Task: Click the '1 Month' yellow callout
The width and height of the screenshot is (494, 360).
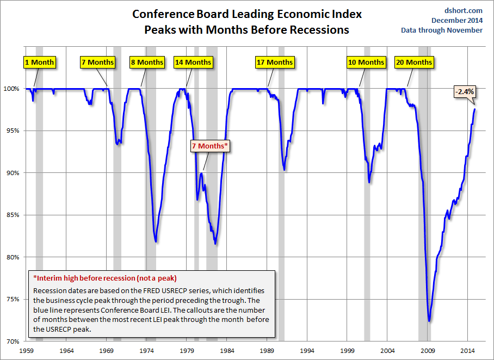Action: [40, 63]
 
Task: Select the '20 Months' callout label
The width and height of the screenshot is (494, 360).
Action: [414, 63]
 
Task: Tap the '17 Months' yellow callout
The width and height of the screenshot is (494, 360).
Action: [275, 63]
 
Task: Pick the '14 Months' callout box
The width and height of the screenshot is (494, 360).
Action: [193, 63]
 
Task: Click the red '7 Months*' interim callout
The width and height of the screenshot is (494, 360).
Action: [210, 146]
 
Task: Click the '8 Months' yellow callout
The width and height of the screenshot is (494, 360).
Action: [147, 63]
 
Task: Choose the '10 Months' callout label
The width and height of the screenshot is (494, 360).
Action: [366, 63]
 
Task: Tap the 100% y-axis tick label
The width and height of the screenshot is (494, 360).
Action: [11, 89]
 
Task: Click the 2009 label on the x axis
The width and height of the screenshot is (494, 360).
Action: [428, 351]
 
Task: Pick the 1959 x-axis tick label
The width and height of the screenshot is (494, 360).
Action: [26, 351]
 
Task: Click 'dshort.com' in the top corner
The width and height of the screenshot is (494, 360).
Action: [463, 11]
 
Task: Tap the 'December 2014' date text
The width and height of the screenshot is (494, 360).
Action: [457, 21]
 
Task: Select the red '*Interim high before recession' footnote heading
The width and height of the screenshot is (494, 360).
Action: [105, 278]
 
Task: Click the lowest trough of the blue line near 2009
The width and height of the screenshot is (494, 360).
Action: [429, 321]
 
